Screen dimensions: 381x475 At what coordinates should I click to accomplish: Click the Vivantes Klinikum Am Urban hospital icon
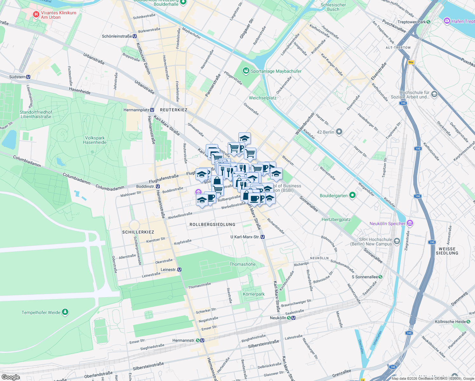[36, 15]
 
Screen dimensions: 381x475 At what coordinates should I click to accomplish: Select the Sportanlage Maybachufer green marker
[246, 71]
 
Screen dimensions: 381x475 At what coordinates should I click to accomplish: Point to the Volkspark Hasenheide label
[95, 140]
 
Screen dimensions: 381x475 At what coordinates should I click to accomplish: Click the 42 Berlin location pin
[339, 132]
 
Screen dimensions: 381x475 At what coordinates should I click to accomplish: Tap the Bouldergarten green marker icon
[352, 195]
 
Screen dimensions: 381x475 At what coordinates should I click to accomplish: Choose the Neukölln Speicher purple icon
[410, 223]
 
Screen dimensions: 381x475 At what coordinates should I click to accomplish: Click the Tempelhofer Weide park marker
[65, 312]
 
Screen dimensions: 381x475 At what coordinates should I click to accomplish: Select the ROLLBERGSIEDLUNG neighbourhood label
[212, 224]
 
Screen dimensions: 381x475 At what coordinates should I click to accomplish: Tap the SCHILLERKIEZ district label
[138, 232]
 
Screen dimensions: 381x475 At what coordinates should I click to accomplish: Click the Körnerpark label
[254, 294]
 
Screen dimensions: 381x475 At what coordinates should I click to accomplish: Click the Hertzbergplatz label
[336, 219]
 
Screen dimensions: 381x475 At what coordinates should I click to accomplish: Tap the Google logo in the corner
[11, 377]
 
